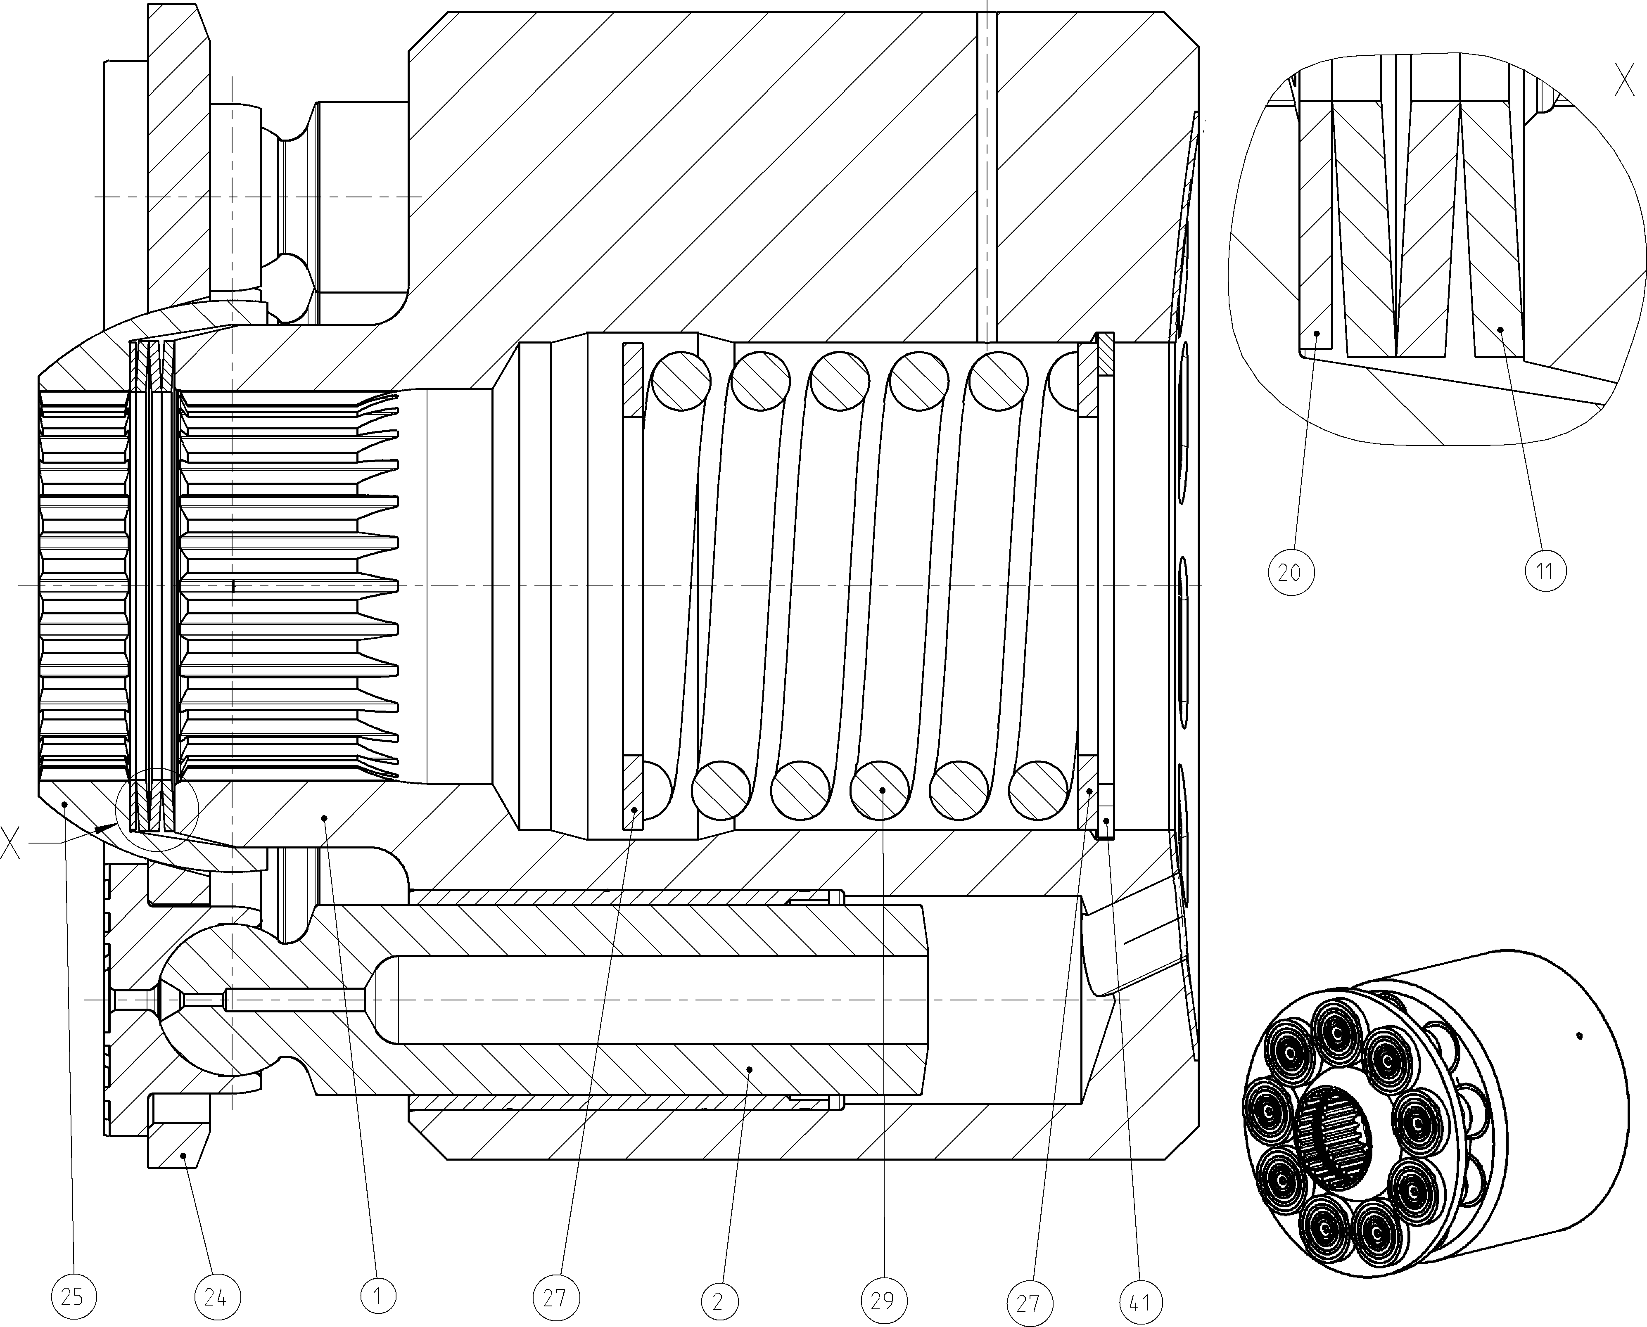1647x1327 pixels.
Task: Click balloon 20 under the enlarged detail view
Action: pos(1290,572)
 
